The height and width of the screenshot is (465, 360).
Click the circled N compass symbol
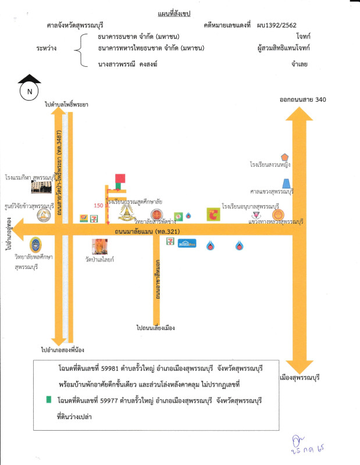point(28,91)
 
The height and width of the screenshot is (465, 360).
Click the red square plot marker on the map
point(120,178)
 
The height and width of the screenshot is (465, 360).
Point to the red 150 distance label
point(98,206)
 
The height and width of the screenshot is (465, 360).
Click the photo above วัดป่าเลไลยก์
point(99,248)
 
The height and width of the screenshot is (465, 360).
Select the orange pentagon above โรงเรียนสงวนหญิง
point(284,157)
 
